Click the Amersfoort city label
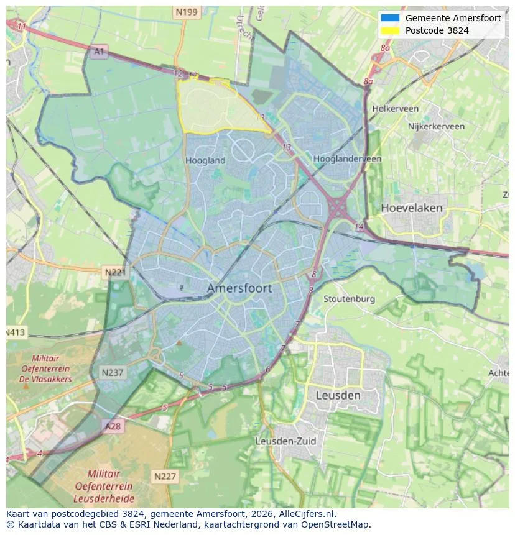click(239, 288)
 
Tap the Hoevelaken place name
click(412, 208)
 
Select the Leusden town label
click(338, 395)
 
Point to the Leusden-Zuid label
click(285, 441)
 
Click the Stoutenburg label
click(349, 299)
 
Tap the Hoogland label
click(205, 160)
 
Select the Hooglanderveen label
click(347, 159)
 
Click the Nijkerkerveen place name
click(436, 126)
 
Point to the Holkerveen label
click(395, 109)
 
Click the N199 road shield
click(186, 12)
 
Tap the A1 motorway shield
click(98, 52)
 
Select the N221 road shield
click(114, 272)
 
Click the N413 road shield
click(16, 332)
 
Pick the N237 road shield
click(113, 372)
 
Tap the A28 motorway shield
click(113, 426)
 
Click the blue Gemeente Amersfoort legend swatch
click(390, 18)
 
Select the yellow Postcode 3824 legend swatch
click(390, 30)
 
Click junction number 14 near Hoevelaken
click(359, 227)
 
